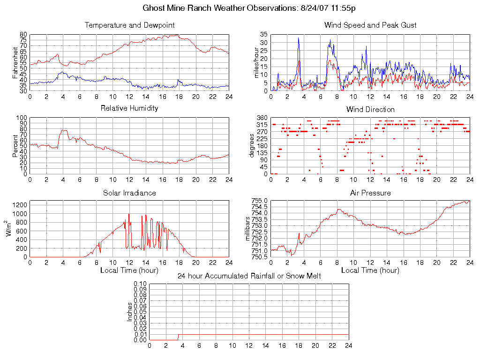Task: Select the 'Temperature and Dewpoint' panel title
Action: click(129, 25)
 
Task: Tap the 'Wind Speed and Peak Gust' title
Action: click(370, 25)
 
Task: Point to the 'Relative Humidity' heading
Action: click(129, 108)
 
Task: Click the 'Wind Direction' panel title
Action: click(370, 109)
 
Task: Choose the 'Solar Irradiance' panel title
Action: click(129, 193)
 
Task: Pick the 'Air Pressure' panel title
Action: click(370, 193)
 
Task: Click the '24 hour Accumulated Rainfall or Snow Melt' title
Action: click(249, 276)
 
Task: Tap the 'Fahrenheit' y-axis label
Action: click(15, 62)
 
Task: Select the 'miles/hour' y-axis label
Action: click(256, 62)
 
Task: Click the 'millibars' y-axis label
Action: click(249, 228)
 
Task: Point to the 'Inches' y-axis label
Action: click(130, 312)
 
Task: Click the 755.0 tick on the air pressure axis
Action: click(259, 201)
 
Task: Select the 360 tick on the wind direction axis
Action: click(262, 118)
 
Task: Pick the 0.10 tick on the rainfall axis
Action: click(140, 284)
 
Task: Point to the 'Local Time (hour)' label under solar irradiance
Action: click(129, 270)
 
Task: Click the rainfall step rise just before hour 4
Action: click(178, 337)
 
